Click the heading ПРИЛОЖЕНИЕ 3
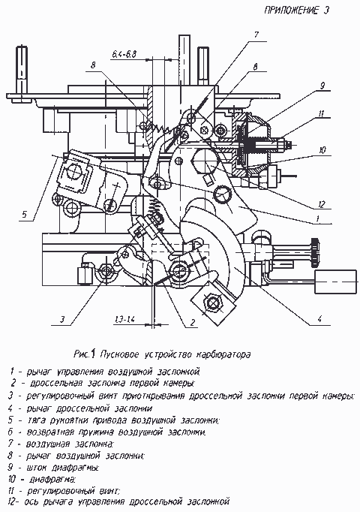pyautogui.click(x=296, y=10)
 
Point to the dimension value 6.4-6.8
pyautogui.click(x=123, y=55)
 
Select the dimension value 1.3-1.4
pyautogui.click(x=125, y=320)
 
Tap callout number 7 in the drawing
pyautogui.click(x=256, y=35)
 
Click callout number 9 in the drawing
pyautogui.click(x=322, y=86)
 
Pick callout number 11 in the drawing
pyautogui.click(x=321, y=113)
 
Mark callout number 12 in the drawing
pyautogui.click(x=322, y=205)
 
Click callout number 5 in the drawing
pyautogui.click(x=25, y=215)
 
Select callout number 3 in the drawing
pyautogui.click(x=62, y=319)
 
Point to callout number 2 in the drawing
pyautogui.click(x=193, y=323)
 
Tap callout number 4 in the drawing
pyautogui.click(x=320, y=318)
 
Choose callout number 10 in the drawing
pyautogui.click(x=321, y=150)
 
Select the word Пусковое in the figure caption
pyautogui.click(x=120, y=354)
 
